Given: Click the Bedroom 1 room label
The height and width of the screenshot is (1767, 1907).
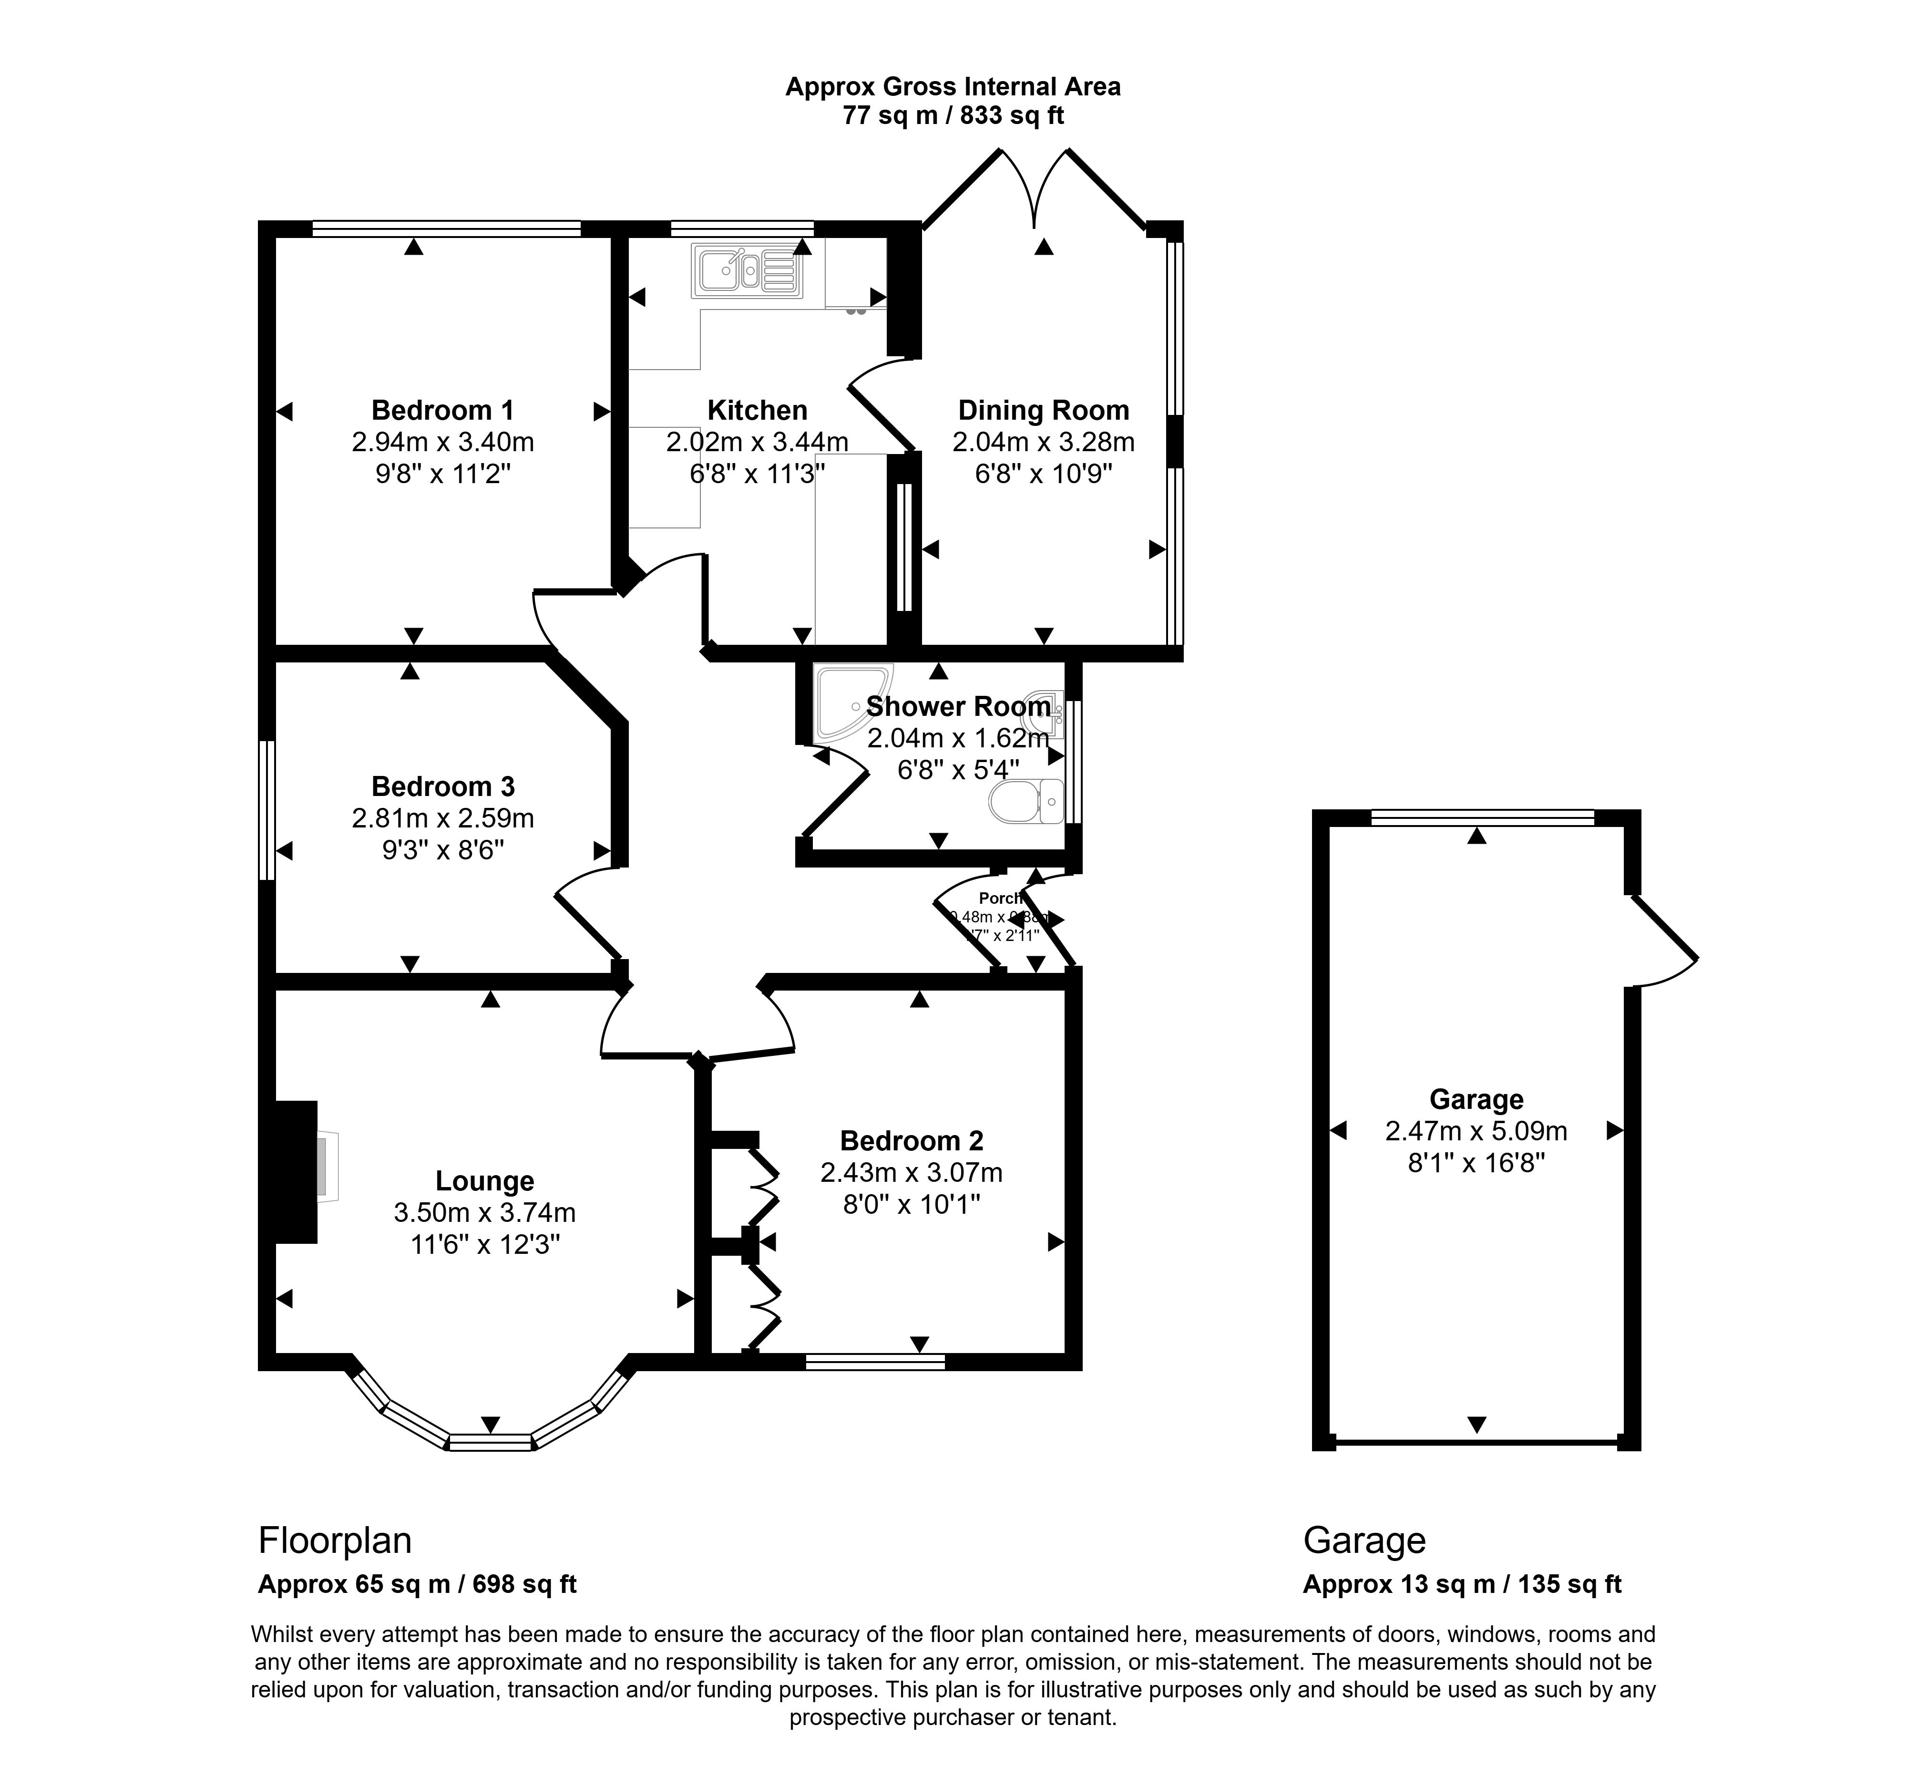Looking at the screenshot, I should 442,410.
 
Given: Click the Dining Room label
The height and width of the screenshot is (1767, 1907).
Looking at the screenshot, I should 1043,410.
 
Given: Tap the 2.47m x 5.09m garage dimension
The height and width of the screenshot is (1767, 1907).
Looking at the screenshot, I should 1475,1131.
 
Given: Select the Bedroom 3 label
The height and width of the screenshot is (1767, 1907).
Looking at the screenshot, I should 442,786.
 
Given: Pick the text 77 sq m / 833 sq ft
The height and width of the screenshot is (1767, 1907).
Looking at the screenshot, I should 952,116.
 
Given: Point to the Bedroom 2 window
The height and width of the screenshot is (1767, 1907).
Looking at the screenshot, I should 875,1362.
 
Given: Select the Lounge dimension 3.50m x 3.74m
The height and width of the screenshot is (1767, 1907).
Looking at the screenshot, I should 485,1212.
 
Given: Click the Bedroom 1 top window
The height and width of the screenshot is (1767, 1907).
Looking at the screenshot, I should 446,228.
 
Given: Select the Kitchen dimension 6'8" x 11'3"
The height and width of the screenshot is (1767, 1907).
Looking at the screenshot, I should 757,473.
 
